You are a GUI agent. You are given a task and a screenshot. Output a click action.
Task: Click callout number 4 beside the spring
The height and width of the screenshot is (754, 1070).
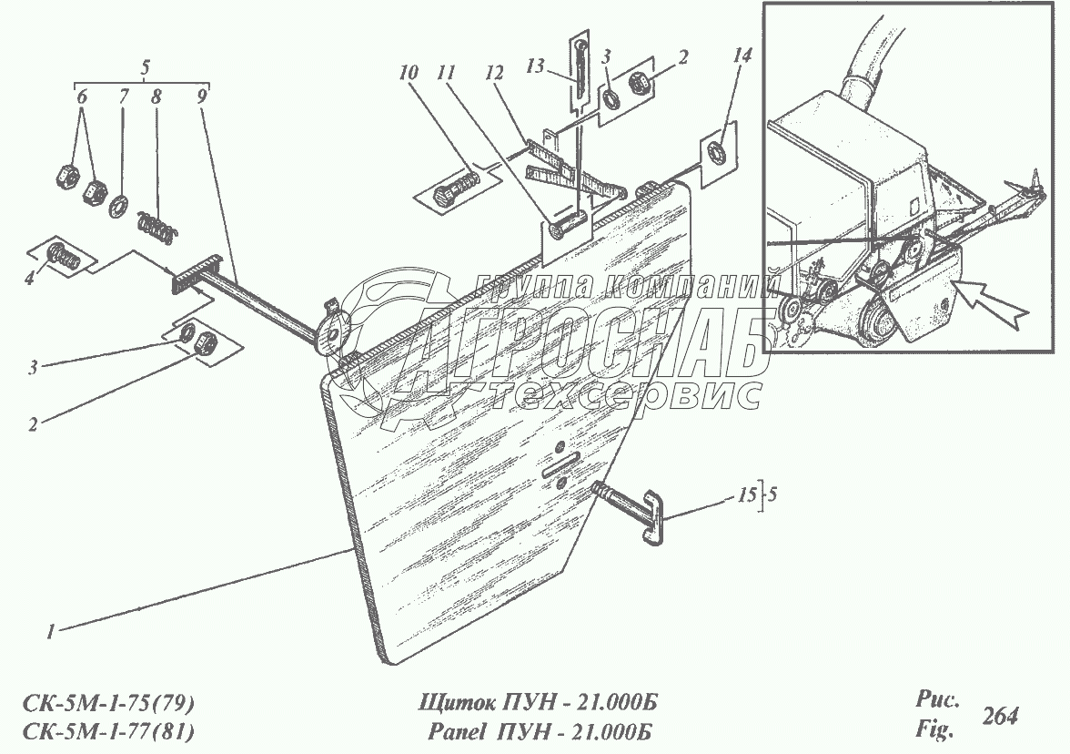pyautogui.click(x=29, y=277)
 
